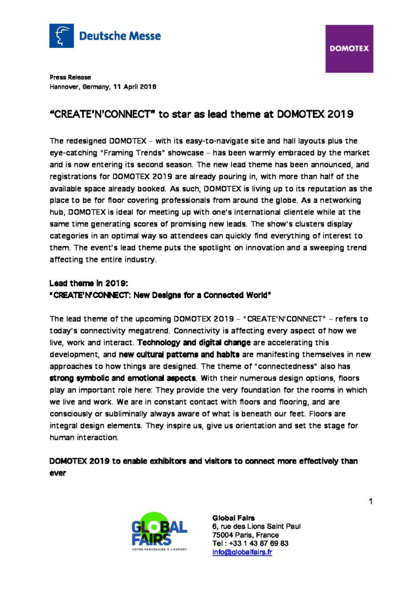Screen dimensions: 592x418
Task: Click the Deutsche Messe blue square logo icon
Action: tap(61, 36)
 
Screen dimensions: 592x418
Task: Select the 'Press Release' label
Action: tap(70, 77)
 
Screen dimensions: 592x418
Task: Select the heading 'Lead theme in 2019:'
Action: tap(89, 283)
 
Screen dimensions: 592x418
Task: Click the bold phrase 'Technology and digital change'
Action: tap(194, 343)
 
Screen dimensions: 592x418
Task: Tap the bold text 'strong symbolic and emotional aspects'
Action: tap(122, 378)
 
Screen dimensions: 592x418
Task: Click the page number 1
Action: tap(370, 501)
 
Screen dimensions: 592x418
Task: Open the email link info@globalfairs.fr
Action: tap(242, 552)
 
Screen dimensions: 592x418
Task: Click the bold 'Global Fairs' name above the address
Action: tap(233, 518)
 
